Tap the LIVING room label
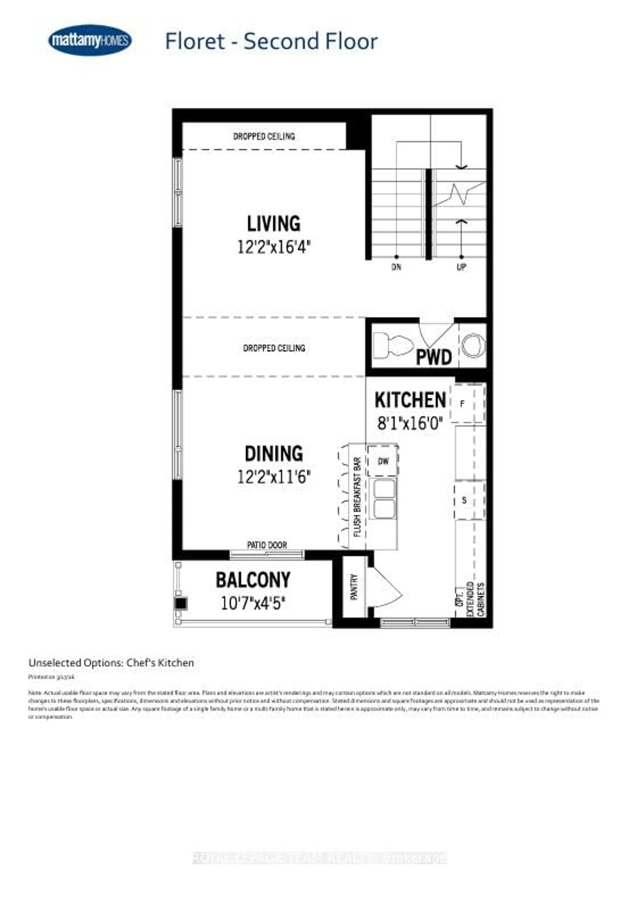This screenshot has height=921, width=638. (x=274, y=224)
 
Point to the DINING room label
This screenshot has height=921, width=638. (x=274, y=454)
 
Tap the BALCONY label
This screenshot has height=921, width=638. (x=253, y=580)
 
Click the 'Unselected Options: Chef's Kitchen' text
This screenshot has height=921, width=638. (x=111, y=663)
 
